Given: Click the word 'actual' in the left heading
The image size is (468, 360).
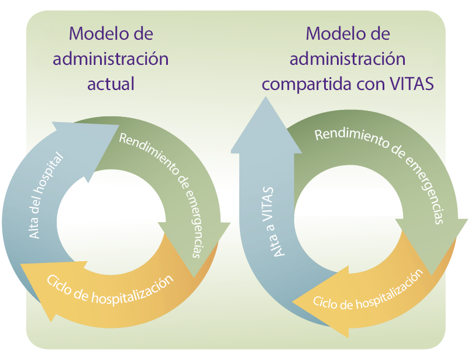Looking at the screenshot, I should tap(111, 84).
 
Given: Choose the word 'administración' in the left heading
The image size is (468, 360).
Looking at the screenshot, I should tap(111, 58).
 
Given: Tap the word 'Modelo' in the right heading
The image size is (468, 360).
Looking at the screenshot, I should tap(333, 33).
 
